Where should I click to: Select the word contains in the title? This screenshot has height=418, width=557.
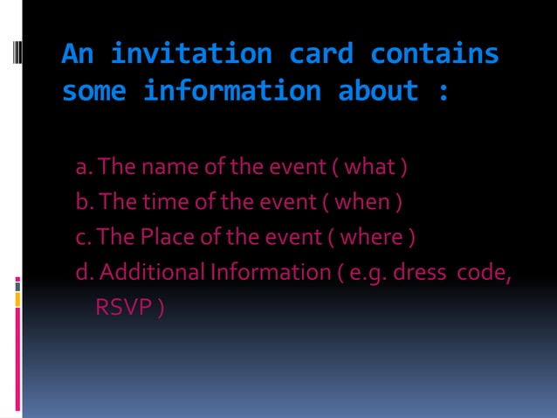click(434, 54)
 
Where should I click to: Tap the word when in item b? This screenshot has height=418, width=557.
click(370, 202)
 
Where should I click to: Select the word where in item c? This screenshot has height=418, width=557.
click(376, 237)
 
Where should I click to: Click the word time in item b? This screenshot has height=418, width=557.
click(158, 202)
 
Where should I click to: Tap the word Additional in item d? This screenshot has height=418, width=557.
click(152, 273)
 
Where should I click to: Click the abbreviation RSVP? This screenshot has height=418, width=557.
click(122, 308)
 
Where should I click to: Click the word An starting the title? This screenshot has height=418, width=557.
click(78, 54)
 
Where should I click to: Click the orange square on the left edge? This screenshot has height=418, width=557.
click(18, 299)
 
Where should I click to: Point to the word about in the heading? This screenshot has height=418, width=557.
click(378, 90)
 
